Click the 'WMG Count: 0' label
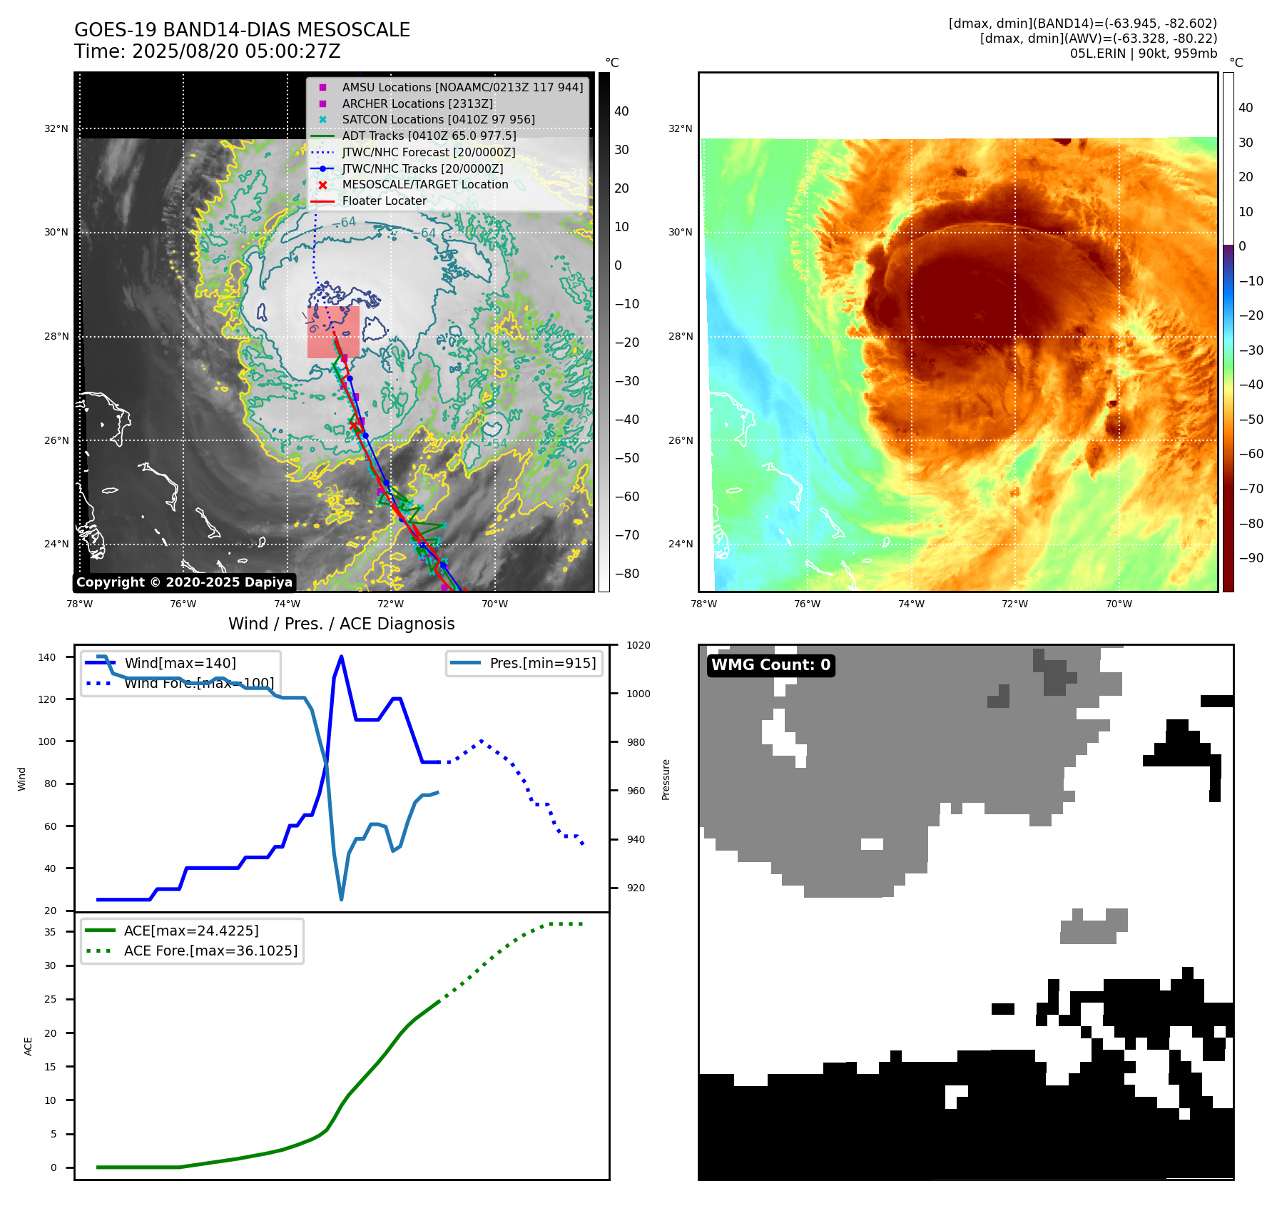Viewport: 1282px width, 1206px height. (x=770, y=665)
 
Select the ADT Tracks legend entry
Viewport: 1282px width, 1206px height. (x=429, y=136)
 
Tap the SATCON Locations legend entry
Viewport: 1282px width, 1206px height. (x=438, y=119)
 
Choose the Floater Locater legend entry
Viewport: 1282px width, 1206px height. (x=384, y=201)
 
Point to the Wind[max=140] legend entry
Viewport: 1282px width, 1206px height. (x=180, y=663)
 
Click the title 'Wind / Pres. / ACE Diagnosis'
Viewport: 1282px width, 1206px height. (x=341, y=624)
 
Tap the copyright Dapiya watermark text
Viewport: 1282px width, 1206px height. (x=184, y=582)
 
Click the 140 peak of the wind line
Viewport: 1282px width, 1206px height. (x=341, y=657)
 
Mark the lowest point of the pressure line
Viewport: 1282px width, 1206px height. (x=341, y=899)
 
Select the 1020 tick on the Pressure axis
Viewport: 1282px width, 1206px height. (x=638, y=645)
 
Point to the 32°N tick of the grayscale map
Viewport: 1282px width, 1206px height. (x=56, y=129)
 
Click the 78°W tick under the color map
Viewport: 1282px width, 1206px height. (x=703, y=604)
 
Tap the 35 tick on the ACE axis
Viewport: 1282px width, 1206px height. (x=50, y=932)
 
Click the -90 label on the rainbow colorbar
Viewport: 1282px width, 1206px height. (x=1251, y=558)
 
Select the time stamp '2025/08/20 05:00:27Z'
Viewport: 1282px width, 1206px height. (x=236, y=51)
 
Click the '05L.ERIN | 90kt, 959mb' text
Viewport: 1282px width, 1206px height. (x=1143, y=54)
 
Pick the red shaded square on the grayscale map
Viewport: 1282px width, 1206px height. (x=333, y=333)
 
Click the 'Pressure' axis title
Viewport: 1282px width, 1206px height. (x=666, y=779)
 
